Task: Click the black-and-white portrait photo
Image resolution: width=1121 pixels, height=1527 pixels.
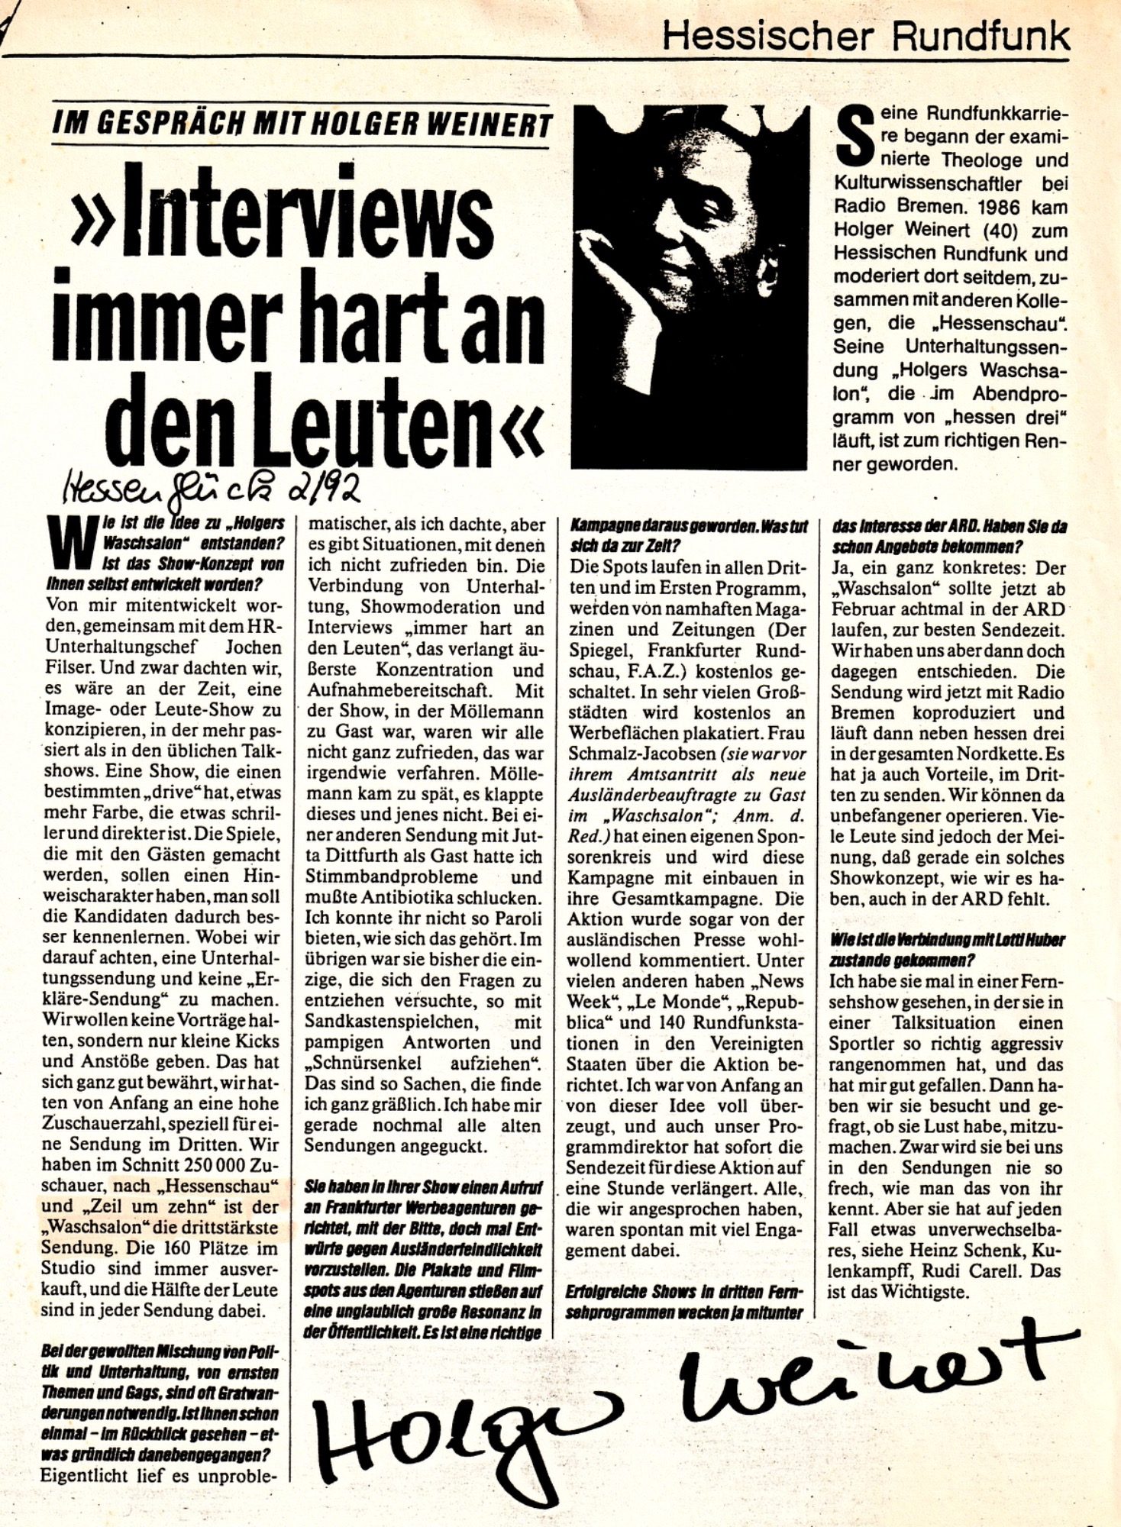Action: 689,286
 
